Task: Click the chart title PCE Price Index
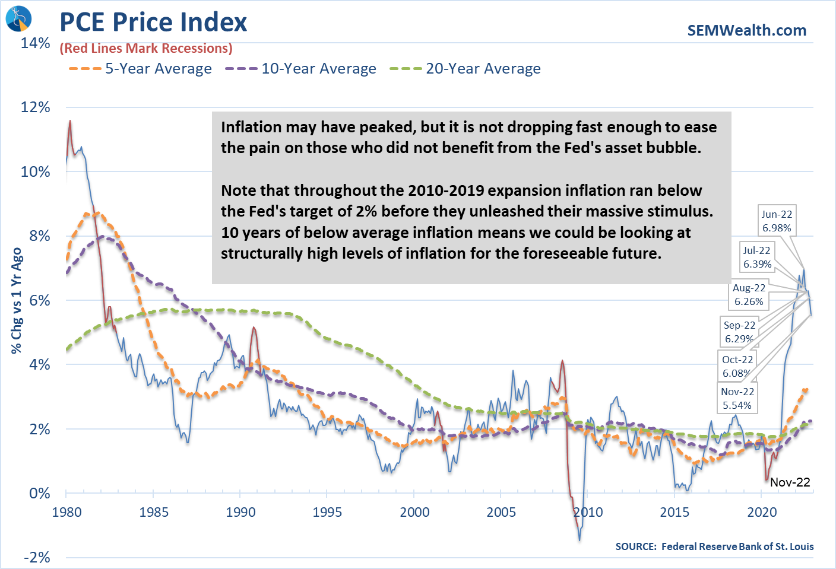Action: pos(153,23)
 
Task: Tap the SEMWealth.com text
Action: pos(746,30)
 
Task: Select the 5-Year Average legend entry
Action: pos(140,69)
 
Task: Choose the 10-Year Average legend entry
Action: pos(300,69)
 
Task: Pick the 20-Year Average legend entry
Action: pos(465,69)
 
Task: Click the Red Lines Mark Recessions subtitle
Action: pos(146,49)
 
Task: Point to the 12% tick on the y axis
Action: pos(36,107)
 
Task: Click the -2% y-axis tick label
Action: pos(37,558)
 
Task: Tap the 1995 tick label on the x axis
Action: pos(327,512)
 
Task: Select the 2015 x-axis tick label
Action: pos(674,512)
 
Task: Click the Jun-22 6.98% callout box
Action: pos(777,221)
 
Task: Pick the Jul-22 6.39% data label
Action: pos(757,258)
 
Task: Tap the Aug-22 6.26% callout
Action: pos(749,295)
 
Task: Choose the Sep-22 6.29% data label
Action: pos(739,332)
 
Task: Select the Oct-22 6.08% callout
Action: pos(737,366)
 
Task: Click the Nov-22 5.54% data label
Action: pos(737,398)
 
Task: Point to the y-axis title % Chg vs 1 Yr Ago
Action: pos(17,300)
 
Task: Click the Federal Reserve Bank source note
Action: pos(714,546)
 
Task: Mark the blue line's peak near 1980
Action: pos(70,121)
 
